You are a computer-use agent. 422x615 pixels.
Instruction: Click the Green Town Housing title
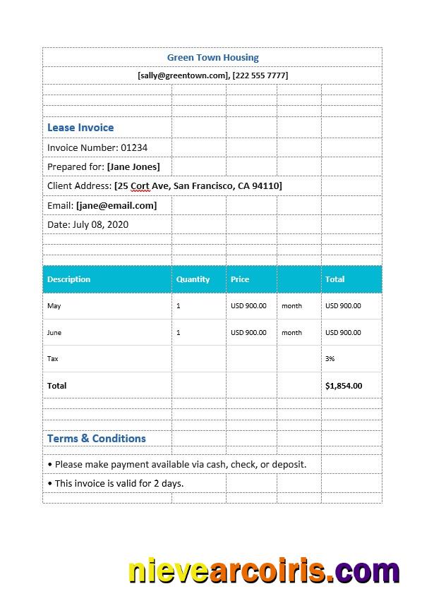click(212, 57)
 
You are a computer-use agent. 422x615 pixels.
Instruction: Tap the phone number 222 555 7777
click(260, 75)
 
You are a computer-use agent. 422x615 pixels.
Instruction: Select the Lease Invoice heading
click(80, 128)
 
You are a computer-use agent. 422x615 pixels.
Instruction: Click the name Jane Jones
click(133, 166)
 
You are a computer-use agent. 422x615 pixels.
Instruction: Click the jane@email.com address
click(116, 205)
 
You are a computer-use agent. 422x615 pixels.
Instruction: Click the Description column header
click(68, 279)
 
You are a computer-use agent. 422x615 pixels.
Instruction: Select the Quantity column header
click(193, 279)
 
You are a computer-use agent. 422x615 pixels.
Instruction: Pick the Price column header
click(240, 279)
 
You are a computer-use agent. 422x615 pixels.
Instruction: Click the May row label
click(54, 306)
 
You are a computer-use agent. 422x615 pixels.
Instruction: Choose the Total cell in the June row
click(343, 332)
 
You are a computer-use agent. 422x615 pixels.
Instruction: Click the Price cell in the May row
click(248, 306)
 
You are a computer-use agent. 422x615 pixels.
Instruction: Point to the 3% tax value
click(330, 359)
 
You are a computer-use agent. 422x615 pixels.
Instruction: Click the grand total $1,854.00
click(344, 386)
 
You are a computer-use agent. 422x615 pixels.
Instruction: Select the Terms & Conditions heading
click(97, 438)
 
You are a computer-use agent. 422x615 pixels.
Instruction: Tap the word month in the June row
click(291, 332)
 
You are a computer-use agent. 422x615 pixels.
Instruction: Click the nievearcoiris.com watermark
click(264, 571)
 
